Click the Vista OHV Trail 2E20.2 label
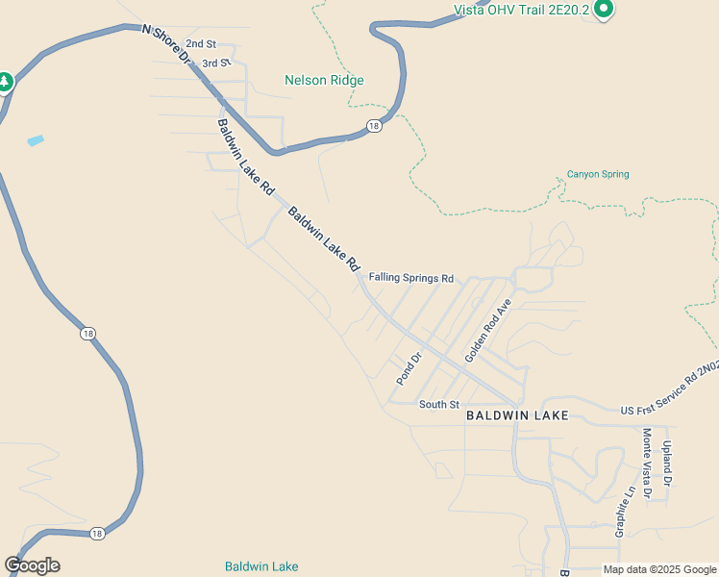[520, 11]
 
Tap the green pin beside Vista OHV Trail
[604, 9]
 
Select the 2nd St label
[201, 44]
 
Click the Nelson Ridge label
[324, 80]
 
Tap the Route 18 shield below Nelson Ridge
[374, 126]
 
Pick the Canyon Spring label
[598, 174]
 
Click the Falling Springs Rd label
[410, 278]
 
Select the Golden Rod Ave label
[488, 330]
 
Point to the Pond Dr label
[409, 369]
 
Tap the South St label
[439, 405]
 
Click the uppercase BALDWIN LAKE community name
[517, 416]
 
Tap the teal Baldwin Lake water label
[261, 566]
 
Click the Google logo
[32, 565]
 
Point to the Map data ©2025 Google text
[659, 569]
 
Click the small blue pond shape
[36, 140]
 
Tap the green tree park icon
[4, 83]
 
